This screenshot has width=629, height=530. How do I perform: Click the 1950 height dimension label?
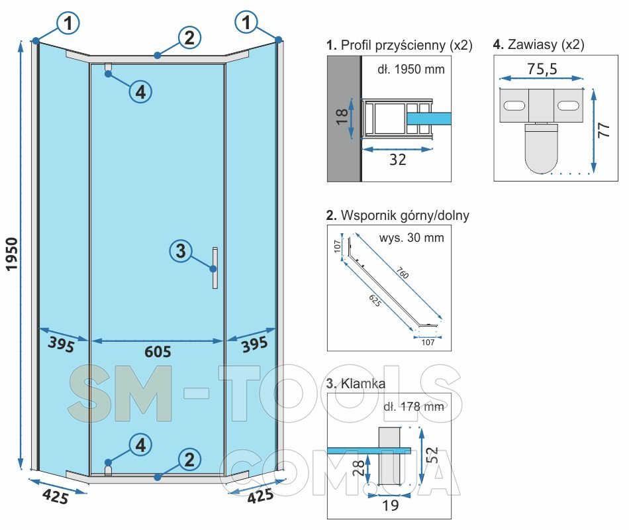click(x=12, y=254)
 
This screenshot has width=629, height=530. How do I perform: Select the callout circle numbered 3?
click(x=181, y=251)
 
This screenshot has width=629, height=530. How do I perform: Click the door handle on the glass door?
click(x=215, y=268)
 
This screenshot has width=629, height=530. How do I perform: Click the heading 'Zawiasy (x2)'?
click(x=538, y=45)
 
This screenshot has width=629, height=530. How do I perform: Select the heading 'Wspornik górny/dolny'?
click(x=398, y=215)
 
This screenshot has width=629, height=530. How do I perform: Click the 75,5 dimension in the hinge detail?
click(x=541, y=68)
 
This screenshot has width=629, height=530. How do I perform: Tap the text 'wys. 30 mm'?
click(x=411, y=237)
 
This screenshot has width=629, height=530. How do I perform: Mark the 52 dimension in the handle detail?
click(x=431, y=454)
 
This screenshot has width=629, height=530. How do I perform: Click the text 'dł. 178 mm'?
click(x=413, y=405)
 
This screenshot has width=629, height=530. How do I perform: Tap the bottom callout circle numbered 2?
click(x=189, y=458)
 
